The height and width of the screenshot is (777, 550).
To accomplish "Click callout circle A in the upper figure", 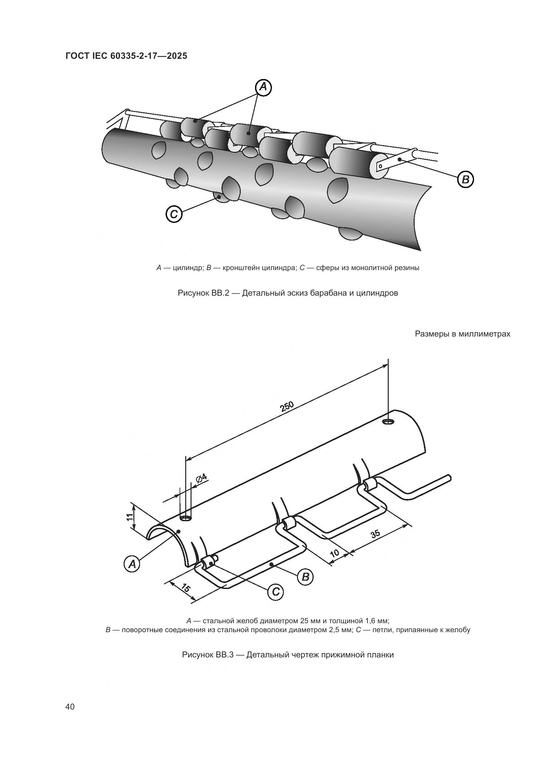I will click(x=263, y=88).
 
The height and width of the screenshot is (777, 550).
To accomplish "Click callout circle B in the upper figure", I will click(x=465, y=179).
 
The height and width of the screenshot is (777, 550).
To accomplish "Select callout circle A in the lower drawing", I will click(x=132, y=564).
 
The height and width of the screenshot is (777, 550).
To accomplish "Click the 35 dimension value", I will click(x=375, y=534).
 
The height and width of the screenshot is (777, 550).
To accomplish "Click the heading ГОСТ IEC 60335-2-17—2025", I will click(x=126, y=56).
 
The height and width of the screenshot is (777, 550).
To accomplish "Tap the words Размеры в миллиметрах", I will click(x=462, y=334).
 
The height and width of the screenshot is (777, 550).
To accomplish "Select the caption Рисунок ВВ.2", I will click(x=288, y=293).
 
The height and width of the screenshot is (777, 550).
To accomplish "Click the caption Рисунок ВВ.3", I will click(x=288, y=654).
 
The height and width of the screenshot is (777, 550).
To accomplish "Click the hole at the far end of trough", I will click(x=388, y=421).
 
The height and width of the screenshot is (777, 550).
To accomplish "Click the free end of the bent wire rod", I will click(x=449, y=477).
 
